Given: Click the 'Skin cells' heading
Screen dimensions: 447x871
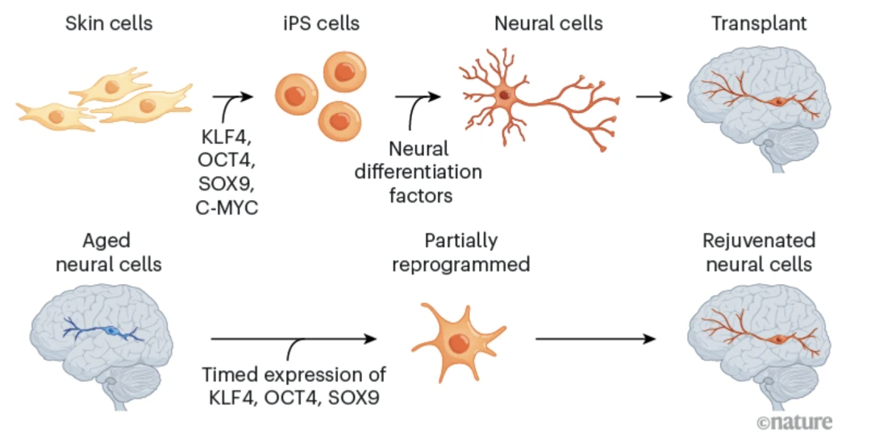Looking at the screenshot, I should [x=110, y=23].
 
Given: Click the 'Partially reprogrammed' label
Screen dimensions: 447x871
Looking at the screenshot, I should [x=461, y=253].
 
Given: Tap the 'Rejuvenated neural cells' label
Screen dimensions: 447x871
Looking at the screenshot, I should [x=759, y=253].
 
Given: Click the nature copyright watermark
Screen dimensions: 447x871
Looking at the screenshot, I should [x=794, y=421].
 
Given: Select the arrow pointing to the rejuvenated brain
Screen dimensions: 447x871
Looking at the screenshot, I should [x=595, y=338].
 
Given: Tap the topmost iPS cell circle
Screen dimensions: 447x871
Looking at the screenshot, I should [x=344, y=72].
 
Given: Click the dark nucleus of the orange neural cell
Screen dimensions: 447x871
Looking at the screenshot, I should [x=503, y=95].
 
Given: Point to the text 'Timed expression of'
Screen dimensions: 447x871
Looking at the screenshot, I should [x=294, y=375].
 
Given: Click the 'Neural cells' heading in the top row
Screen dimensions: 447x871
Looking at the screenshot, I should [x=548, y=23].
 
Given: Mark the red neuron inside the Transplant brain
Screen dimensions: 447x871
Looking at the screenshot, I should [x=777, y=102].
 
